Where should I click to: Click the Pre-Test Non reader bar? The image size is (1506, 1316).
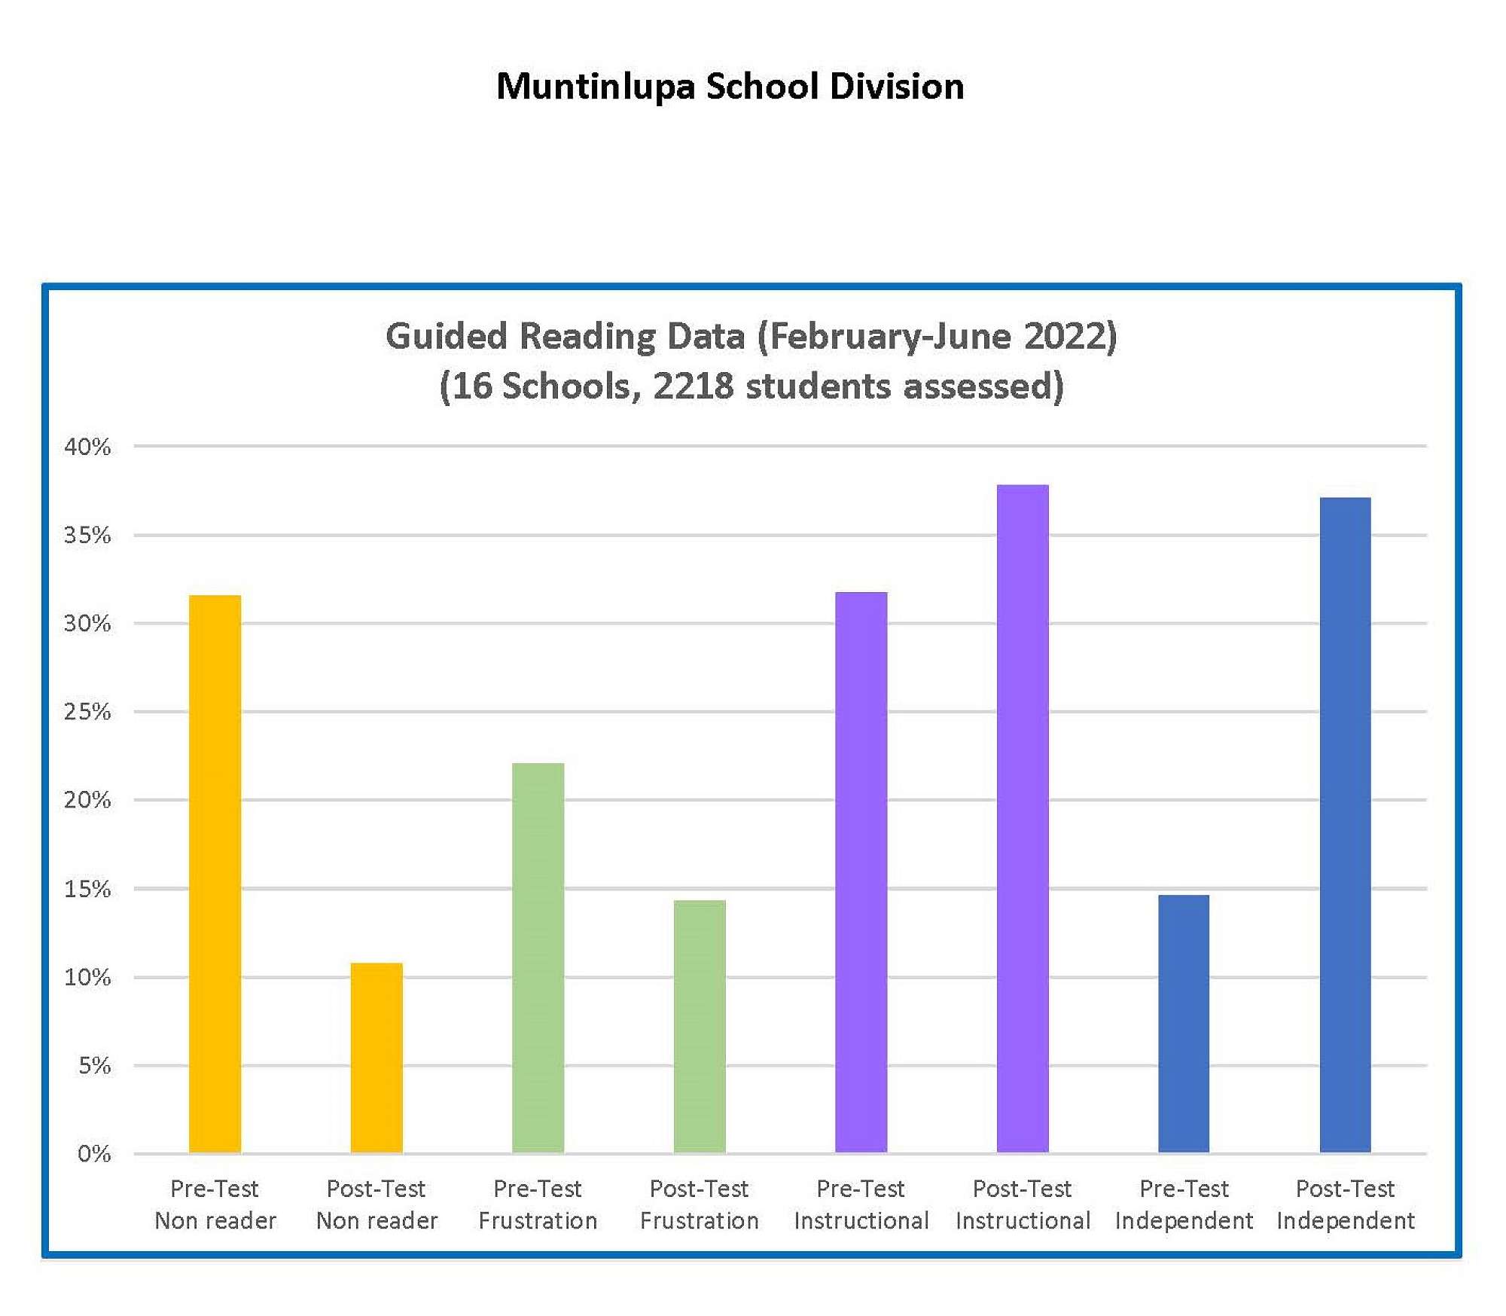pos(215,874)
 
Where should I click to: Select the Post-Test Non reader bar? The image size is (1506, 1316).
pos(376,1058)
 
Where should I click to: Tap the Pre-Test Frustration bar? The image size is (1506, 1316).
pos(538,957)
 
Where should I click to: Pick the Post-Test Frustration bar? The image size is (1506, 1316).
pos(700,1026)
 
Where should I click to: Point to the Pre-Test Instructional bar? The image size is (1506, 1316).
pos(861,872)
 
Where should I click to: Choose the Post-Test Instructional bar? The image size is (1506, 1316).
pos(1023,819)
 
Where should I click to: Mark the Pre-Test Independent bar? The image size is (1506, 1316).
pos(1184,1024)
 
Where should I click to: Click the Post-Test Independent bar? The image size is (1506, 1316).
pos(1345,825)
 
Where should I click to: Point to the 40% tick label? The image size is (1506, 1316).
pos(87,447)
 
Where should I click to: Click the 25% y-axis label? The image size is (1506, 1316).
pos(87,712)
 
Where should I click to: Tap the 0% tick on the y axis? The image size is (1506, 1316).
pos(94,1153)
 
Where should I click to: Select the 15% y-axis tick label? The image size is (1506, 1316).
pos(87,889)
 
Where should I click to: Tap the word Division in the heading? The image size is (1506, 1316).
pos(896,86)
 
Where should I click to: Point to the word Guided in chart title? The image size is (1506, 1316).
pos(447,336)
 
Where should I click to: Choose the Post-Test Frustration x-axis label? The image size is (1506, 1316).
pos(700,1205)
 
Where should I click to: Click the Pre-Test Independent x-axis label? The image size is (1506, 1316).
pos(1184,1205)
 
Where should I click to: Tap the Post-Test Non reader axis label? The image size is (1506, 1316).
pos(376,1205)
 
